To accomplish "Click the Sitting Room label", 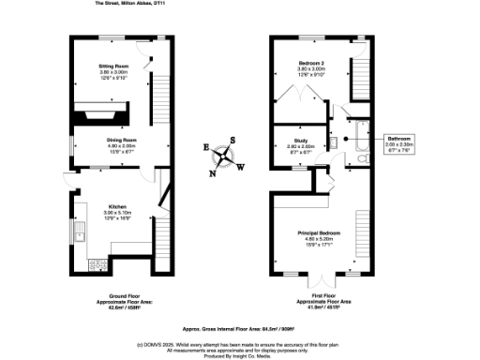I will (114, 71).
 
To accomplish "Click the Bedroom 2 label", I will (310, 71).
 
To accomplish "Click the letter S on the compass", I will (234, 142).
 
